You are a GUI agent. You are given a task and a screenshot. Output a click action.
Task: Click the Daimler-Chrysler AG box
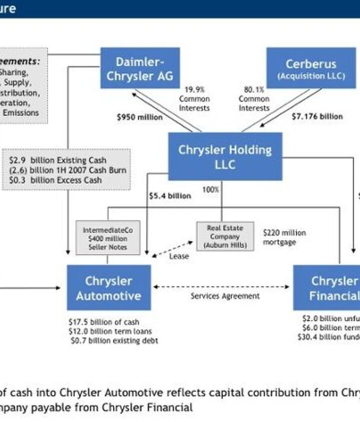click(140, 68)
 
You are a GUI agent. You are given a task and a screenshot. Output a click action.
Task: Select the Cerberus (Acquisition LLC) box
click(310, 68)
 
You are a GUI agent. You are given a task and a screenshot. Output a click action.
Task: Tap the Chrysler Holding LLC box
click(224, 156)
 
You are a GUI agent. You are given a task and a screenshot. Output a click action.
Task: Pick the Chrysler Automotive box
click(108, 288)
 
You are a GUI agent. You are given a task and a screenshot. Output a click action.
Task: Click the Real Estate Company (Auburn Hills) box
click(224, 237)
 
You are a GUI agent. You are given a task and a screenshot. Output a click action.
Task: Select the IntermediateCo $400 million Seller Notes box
click(107, 239)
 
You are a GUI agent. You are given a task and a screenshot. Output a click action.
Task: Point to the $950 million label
click(139, 117)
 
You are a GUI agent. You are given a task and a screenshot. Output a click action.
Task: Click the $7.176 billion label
click(317, 116)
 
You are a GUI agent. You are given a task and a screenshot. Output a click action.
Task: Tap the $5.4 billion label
click(169, 196)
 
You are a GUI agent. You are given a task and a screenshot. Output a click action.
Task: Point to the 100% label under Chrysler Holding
click(210, 190)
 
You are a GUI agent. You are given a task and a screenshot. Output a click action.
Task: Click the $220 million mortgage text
click(284, 237)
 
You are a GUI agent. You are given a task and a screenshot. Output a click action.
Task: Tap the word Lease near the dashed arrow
click(178, 256)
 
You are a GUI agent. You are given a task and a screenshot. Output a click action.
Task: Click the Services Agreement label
click(225, 296)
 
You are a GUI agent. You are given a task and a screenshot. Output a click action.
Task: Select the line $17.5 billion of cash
click(103, 322)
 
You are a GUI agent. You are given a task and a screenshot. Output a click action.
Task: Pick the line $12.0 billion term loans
click(110, 331)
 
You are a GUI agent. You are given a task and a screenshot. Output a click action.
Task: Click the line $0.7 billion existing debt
click(114, 341)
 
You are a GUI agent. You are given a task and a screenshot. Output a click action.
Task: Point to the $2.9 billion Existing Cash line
click(57, 161)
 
